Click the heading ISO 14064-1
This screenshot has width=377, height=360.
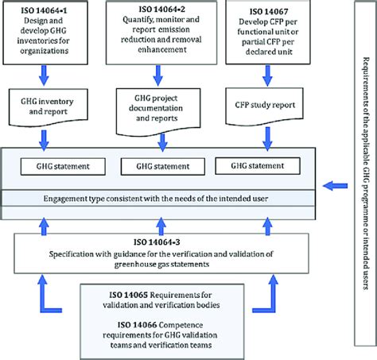pos(44,10)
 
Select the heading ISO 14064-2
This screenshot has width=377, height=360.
pos(161,10)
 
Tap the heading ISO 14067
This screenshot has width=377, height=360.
pos(269,11)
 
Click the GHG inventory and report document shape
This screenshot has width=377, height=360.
pos(49,107)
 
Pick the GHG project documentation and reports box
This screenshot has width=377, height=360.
pos(158,112)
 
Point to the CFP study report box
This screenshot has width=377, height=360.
pos(264,106)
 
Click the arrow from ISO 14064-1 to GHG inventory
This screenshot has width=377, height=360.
pos(44,75)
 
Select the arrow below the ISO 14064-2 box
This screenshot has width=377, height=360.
pos(158,75)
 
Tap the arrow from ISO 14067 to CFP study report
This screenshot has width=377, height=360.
pos(267,75)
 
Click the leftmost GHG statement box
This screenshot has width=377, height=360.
pos(63,167)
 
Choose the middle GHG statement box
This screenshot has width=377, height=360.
pos(163,167)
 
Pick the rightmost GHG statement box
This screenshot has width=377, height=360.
pos(258,166)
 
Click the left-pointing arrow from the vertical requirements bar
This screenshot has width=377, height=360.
pos(335,186)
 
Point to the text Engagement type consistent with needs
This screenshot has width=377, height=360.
pos(156,199)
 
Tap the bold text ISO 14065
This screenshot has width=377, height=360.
pos(129,295)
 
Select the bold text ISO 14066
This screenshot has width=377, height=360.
pos(137,325)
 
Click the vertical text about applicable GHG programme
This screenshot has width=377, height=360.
pos(366,173)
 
